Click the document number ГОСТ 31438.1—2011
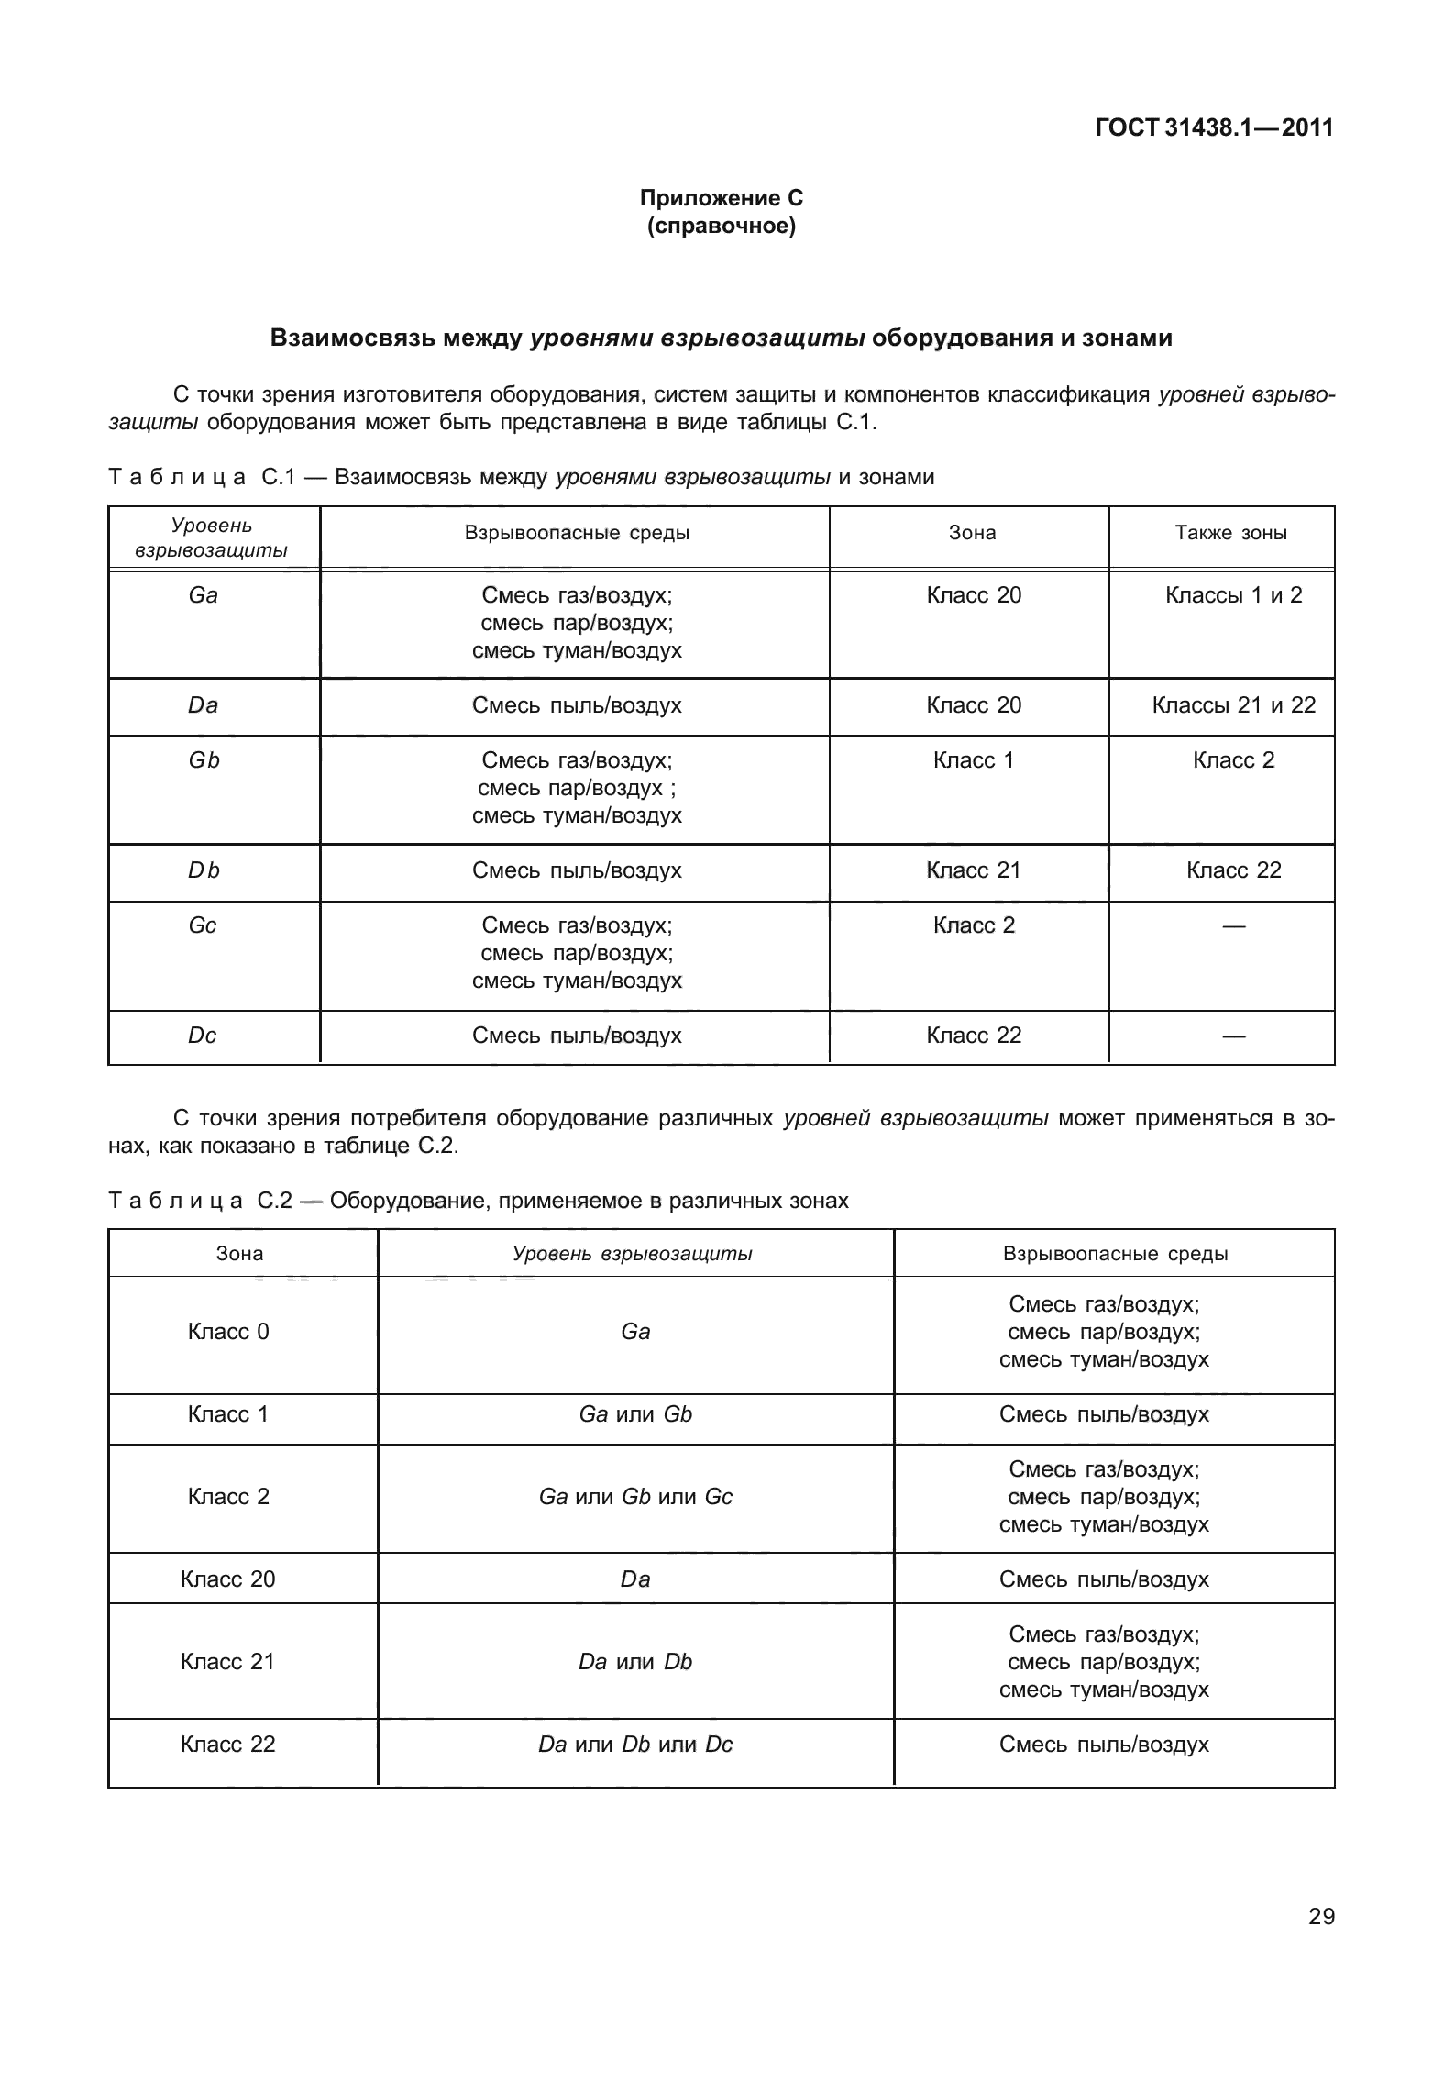coord(1213,127)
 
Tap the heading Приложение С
coord(721,198)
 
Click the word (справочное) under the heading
coord(721,226)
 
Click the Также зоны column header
coord(1230,533)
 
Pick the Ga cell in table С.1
coord(203,595)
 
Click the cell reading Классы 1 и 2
coord(1233,595)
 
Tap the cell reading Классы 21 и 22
coord(1233,705)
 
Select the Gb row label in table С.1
coord(204,760)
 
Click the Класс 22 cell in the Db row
coord(1233,870)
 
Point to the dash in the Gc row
coord(1233,926)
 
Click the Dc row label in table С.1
coord(203,1036)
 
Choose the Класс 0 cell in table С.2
coord(228,1332)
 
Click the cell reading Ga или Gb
coord(635,1414)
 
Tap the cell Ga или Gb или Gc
coord(635,1497)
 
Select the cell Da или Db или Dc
coord(635,1745)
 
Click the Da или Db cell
coord(635,1662)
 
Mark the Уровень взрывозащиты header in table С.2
coord(633,1254)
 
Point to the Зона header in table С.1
coord(972,533)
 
